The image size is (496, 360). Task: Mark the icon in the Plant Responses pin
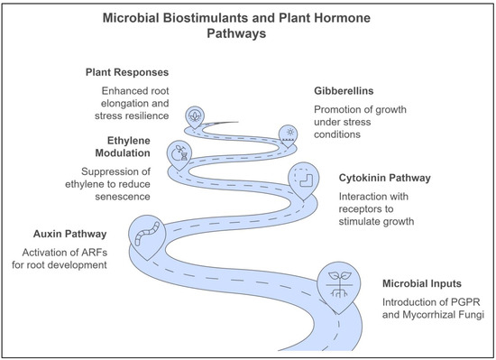coord(193,115)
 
